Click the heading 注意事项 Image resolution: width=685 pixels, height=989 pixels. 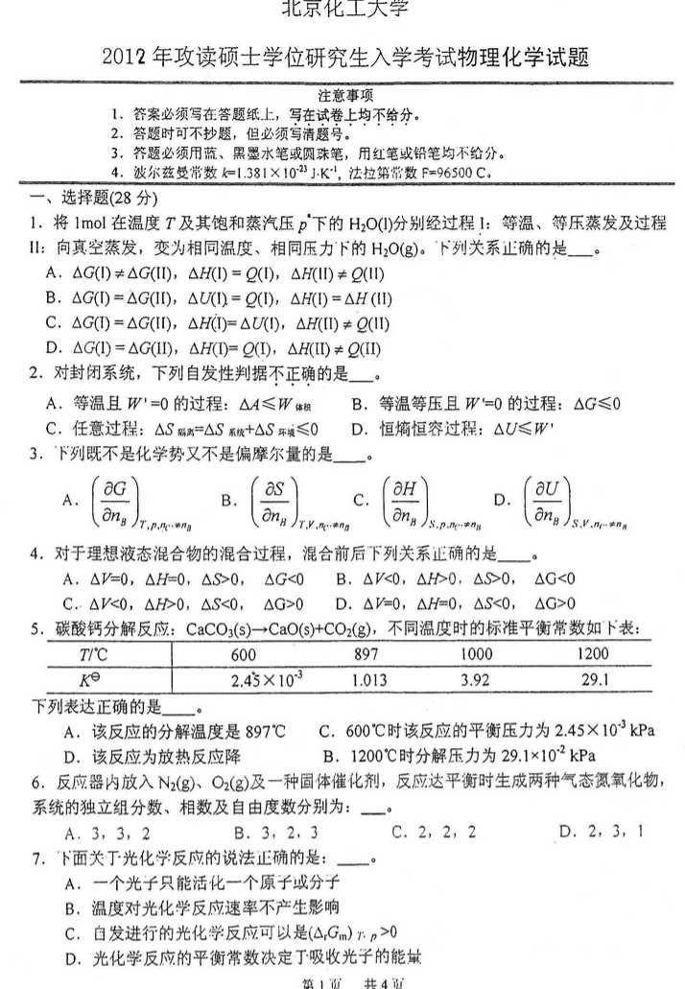tap(344, 96)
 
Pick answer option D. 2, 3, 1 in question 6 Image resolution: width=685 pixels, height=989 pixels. tap(600, 831)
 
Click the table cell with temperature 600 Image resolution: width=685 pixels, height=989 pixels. tap(244, 654)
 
